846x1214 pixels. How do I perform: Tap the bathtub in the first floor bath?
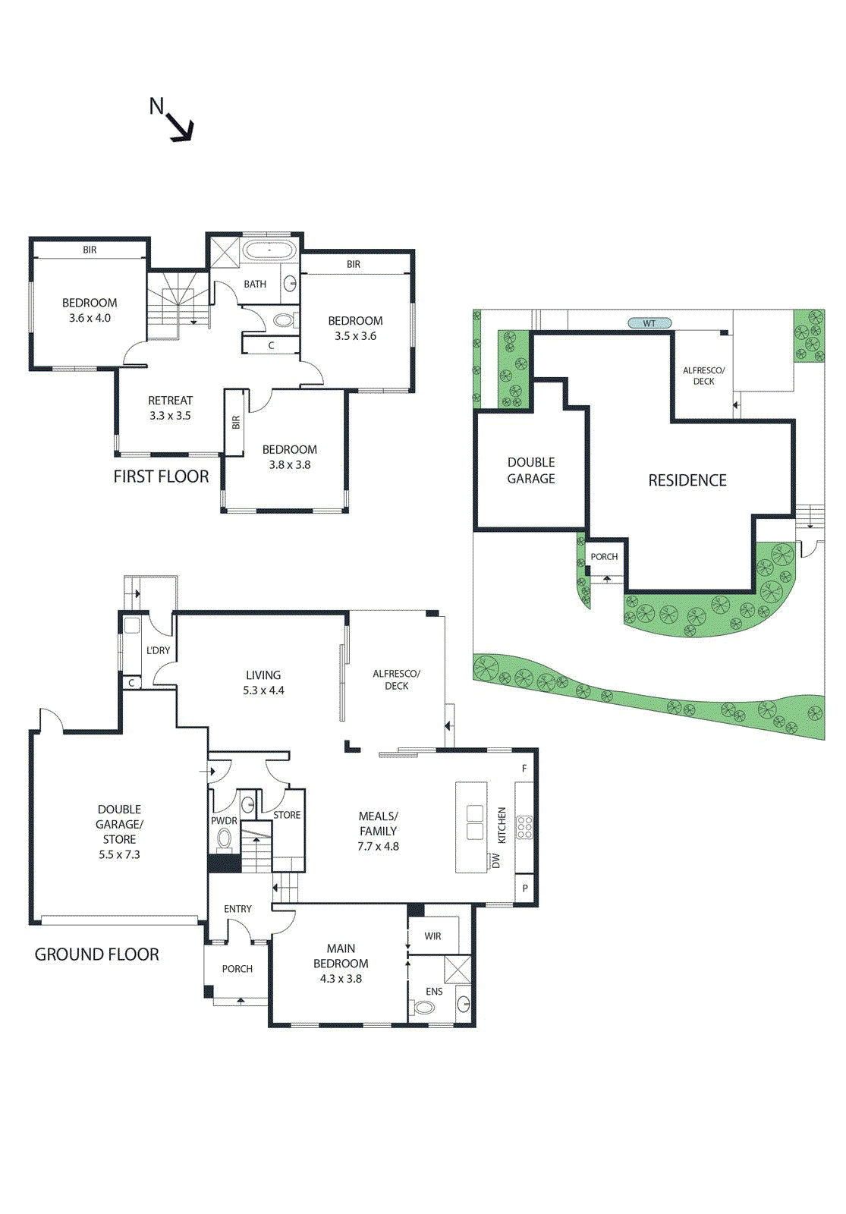[269, 250]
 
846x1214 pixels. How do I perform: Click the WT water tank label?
[649, 323]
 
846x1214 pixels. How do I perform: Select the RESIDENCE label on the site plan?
[687, 480]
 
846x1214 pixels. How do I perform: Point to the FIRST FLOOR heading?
[161, 476]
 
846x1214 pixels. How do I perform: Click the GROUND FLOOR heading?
[97, 955]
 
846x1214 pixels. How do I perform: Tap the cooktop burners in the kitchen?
[524, 827]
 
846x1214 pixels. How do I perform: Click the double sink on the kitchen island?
[475, 822]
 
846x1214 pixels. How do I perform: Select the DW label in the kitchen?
[496, 860]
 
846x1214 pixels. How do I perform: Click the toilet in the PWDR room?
[224, 838]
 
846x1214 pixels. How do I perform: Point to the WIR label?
[432, 936]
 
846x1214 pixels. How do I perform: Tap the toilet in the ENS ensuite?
[424, 1008]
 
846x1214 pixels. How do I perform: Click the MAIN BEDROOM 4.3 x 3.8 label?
[341, 964]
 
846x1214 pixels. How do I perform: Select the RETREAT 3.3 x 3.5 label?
[170, 408]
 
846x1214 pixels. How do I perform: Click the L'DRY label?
[158, 650]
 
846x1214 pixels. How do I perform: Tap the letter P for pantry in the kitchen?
[525, 888]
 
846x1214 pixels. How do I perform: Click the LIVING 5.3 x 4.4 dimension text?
[263, 690]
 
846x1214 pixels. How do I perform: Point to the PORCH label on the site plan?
[604, 557]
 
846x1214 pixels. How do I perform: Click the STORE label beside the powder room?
[287, 815]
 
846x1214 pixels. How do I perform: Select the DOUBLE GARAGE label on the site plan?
[531, 470]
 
